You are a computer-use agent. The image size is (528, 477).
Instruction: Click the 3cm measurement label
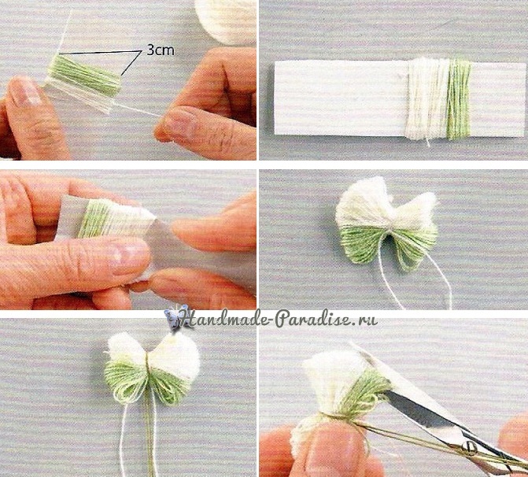[x=161, y=50]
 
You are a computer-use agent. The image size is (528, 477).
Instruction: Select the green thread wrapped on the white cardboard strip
[x=459, y=99]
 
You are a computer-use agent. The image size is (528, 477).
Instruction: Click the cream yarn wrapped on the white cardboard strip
[x=427, y=98]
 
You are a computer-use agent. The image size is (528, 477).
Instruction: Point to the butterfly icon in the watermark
[x=176, y=317]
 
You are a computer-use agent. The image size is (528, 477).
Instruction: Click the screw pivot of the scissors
[x=469, y=447]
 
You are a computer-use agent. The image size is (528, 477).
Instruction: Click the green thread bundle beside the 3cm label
[x=84, y=76]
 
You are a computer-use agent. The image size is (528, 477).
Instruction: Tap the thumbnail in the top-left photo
[x=24, y=90]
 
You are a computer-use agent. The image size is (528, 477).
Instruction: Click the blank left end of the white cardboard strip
[x=340, y=98]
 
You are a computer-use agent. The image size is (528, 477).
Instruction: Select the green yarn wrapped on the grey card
[x=91, y=219]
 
